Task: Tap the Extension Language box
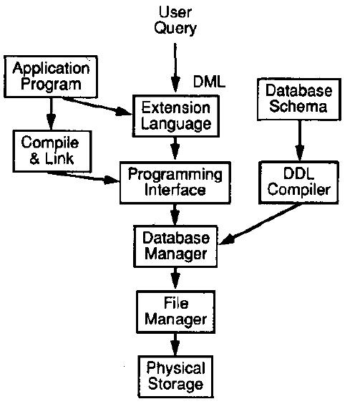(x=176, y=115)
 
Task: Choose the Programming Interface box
(x=176, y=182)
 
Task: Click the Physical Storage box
(x=176, y=375)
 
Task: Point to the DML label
(x=210, y=81)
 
